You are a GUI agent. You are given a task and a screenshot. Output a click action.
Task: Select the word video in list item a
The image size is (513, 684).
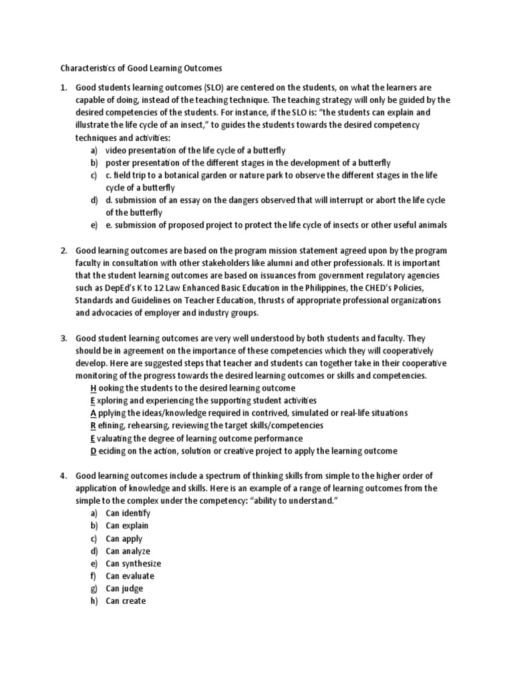(x=117, y=150)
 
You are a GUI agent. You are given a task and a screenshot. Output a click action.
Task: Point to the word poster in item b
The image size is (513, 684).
(x=119, y=163)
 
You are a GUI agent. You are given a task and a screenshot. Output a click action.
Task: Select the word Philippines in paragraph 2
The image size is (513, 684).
(x=337, y=288)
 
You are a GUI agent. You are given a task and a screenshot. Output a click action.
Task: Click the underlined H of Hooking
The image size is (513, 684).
(x=93, y=388)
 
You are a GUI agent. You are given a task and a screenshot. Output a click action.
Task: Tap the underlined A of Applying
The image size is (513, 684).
(x=93, y=413)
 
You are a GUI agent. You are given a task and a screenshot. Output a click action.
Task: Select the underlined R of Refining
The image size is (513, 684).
(x=93, y=425)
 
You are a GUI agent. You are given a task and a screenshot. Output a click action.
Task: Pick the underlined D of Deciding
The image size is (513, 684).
(x=93, y=451)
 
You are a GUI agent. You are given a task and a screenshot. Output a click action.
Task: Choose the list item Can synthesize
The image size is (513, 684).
(x=133, y=563)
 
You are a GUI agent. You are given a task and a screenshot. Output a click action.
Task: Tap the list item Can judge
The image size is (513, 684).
(x=124, y=588)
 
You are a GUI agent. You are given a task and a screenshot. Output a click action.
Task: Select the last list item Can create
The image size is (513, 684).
(x=126, y=601)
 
